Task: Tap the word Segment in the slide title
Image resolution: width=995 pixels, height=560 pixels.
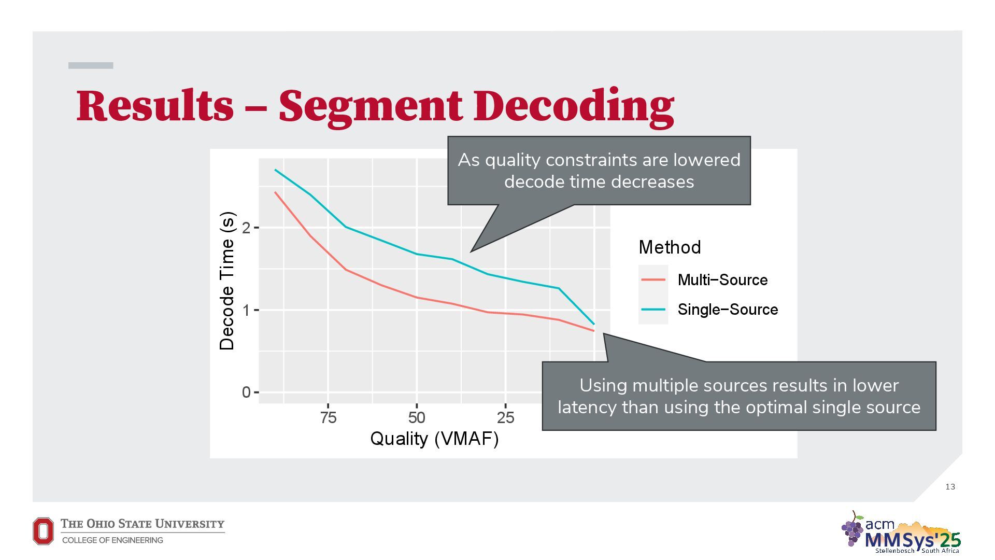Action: click(x=370, y=106)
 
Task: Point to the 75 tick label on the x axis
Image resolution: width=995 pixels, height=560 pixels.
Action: click(x=328, y=417)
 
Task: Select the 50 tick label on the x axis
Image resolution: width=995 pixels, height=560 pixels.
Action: click(x=417, y=417)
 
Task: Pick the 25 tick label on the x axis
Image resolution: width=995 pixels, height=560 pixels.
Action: click(x=505, y=417)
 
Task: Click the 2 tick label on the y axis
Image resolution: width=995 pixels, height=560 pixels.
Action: click(x=246, y=228)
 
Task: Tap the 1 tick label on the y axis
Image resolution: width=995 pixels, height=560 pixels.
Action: click(x=246, y=310)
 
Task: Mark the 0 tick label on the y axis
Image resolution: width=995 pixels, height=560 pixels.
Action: click(x=246, y=393)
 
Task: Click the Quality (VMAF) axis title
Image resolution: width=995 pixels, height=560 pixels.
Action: click(x=434, y=439)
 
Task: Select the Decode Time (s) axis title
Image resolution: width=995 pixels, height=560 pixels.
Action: click(x=227, y=281)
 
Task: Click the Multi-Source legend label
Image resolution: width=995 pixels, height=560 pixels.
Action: click(x=722, y=280)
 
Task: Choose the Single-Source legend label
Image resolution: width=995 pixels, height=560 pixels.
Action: click(x=728, y=310)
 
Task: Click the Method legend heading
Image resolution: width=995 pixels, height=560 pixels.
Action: click(x=670, y=247)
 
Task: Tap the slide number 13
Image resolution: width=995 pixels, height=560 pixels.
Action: click(x=950, y=486)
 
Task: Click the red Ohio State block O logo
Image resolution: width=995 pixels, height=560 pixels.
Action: click(x=43, y=531)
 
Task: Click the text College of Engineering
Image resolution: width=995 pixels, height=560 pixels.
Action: click(x=112, y=540)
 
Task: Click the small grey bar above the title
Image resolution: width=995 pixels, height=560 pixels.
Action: click(x=91, y=65)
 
